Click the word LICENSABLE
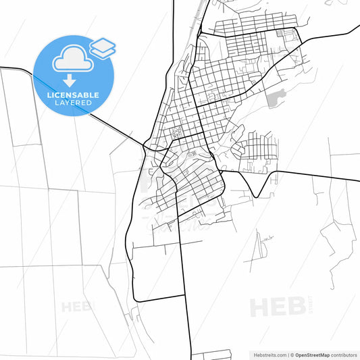(73, 96)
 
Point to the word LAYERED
(73, 104)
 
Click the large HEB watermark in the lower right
(277, 307)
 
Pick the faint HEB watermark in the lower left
(77, 307)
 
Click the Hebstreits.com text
(267, 354)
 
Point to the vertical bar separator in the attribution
(289, 354)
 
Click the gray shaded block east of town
(273, 101)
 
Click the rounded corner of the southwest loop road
(136, 298)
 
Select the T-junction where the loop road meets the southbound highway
(185, 294)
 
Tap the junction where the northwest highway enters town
(145, 143)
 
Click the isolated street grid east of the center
(259, 148)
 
